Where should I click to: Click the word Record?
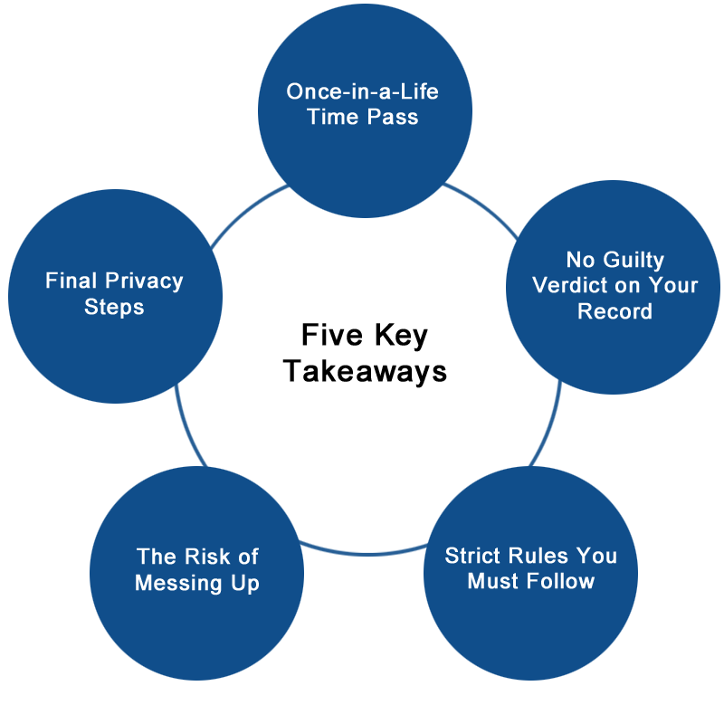(x=614, y=311)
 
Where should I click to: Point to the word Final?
(x=71, y=281)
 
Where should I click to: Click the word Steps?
(x=114, y=307)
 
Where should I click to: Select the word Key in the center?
(x=401, y=337)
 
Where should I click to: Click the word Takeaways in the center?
(x=365, y=371)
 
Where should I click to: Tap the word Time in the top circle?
(x=332, y=117)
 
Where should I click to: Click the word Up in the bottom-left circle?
(x=245, y=583)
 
